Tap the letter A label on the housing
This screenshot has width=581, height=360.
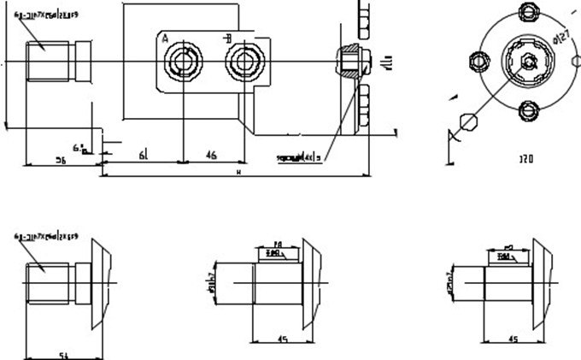pos(165,38)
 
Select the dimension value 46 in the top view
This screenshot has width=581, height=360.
pos(211,154)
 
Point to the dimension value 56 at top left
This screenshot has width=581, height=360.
pos(62,159)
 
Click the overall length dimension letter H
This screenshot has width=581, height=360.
pos(238,173)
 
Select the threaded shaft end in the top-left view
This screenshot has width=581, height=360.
pos(43,62)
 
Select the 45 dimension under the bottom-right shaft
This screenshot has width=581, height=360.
pos(513,339)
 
